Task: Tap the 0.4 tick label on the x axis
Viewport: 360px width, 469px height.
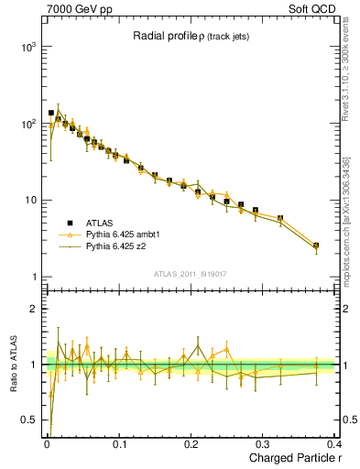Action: coord(336,444)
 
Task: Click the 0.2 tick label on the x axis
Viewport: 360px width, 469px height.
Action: coord(192,444)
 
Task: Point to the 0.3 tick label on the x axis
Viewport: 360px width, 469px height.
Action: coord(265,444)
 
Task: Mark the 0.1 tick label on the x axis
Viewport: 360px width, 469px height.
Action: coord(120,444)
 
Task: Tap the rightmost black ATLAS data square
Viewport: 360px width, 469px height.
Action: coord(316,245)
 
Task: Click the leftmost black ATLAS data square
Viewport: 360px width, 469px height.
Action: coord(50,113)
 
